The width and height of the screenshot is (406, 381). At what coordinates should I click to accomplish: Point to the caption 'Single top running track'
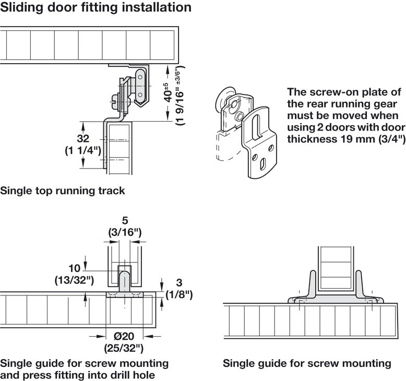63,190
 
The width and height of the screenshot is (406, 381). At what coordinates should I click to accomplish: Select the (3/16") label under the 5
124,232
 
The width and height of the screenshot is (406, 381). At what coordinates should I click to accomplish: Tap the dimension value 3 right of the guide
178,284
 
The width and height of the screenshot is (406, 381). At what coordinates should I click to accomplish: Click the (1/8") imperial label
178,295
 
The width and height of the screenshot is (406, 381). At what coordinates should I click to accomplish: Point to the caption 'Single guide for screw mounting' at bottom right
307,363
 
